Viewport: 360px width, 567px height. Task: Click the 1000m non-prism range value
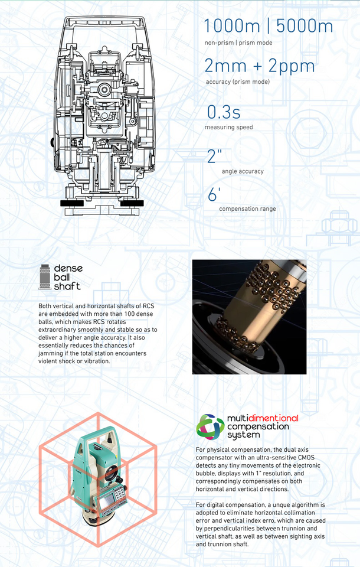pos(232,26)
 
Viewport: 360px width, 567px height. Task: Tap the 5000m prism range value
pos(305,26)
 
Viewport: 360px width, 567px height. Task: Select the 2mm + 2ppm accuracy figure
pos(260,66)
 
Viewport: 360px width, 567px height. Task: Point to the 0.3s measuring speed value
pos(224,112)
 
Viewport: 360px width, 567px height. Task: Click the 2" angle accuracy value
pos(214,156)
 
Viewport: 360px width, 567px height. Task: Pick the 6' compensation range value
pos(214,194)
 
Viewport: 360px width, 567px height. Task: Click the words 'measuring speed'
pos(229,128)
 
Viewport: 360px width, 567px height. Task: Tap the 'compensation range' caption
pos(248,208)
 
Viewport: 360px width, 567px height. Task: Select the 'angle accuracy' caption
pos(243,171)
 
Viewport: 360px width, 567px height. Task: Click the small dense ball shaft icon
pos(45,277)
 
